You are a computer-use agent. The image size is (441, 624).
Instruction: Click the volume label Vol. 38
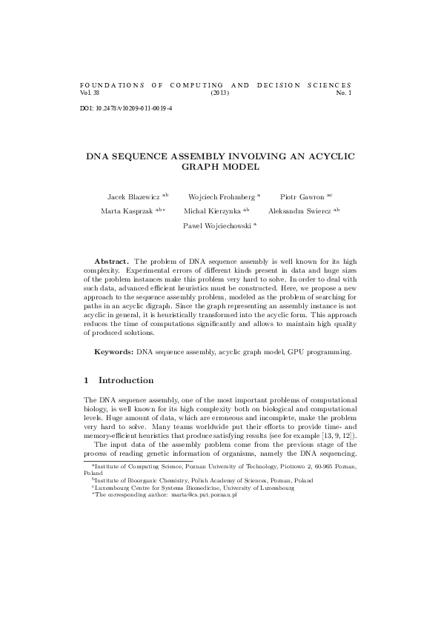(88, 93)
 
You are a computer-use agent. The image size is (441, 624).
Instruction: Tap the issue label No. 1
(344, 93)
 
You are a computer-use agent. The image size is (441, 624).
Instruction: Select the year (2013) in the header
(220, 93)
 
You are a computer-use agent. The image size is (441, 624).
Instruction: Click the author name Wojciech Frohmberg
(222, 196)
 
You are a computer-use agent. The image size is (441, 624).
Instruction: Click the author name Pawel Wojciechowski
(217, 226)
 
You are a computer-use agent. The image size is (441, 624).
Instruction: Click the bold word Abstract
(111, 262)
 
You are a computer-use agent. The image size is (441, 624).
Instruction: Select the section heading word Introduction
(126, 381)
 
